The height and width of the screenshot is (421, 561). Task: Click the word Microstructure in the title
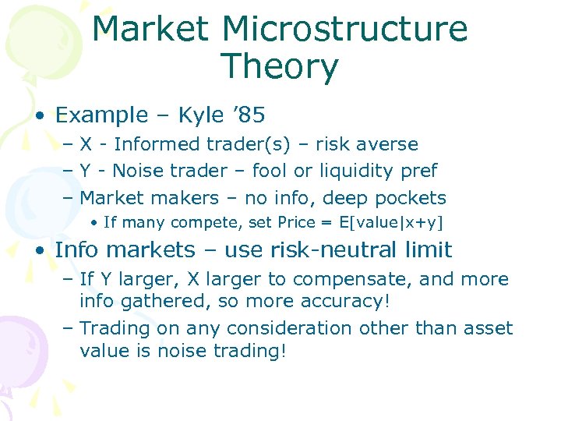(345, 30)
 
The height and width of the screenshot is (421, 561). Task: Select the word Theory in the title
(280, 66)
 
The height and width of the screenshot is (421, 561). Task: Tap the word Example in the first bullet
(101, 115)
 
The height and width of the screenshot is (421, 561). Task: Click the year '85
(249, 115)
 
